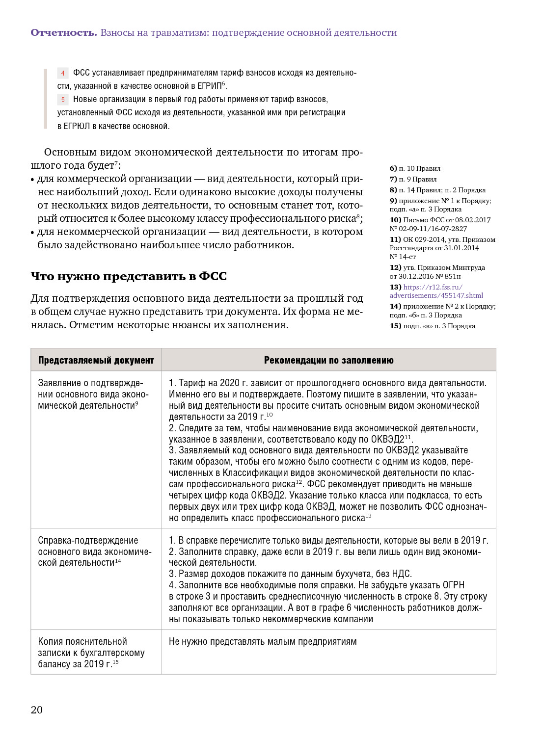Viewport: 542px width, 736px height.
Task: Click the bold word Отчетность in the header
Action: coord(64,33)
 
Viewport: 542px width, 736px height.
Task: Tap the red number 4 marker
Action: coord(63,73)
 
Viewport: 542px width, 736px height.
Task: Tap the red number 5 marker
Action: coord(63,100)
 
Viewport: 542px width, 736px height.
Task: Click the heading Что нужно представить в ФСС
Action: coord(129,276)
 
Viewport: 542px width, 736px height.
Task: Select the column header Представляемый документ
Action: coord(96,360)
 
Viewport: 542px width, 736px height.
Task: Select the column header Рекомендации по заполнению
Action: coord(328,360)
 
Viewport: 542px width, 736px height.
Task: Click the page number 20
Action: coord(37,710)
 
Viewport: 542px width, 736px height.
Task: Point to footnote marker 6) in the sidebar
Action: coord(393,168)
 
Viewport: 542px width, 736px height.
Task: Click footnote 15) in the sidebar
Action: coord(395,326)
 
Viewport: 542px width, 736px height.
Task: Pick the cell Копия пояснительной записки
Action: coord(91,653)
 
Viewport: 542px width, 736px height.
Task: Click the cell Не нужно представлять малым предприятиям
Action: coord(263,642)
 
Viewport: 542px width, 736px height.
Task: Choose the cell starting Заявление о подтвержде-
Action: coord(93,394)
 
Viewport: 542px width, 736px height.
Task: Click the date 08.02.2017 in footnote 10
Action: coord(472,220)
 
